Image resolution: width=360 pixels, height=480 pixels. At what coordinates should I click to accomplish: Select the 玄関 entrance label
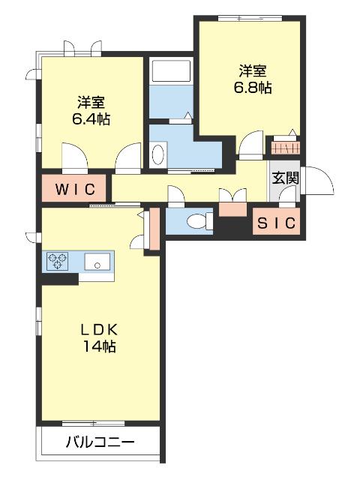pyautogui.click(x=285, y=178)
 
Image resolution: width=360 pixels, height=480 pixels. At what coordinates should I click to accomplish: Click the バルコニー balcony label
pyautogui.click(x=100, y=442)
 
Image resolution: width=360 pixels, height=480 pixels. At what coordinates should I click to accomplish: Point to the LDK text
pyautogui.click(x=100, y=330)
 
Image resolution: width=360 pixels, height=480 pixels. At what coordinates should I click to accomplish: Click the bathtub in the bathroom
pyautogui.click(x=172, y=72)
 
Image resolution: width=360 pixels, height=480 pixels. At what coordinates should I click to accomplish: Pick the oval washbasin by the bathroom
pyautogui.click(x=158, y=154)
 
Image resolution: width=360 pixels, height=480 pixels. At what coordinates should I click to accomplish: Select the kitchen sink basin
pyautogui.click(x=97, y=262)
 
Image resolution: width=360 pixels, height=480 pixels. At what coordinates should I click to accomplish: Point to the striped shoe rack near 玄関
pyautogui.click(x=285, y=146)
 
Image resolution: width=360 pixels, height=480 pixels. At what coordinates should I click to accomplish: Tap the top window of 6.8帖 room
pyautogui.click(x=247, y=17)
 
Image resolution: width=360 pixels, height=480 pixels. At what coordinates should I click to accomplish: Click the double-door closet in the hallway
pyautogui.click(x=231, y=196)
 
